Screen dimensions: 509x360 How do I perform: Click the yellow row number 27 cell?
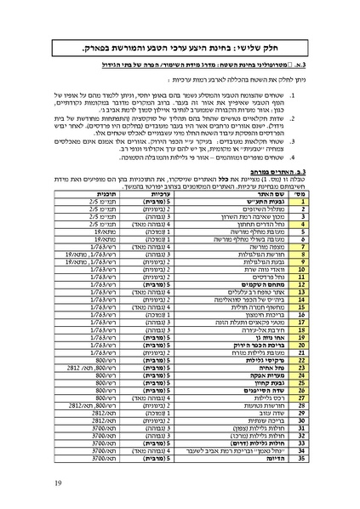coord(301,396)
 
